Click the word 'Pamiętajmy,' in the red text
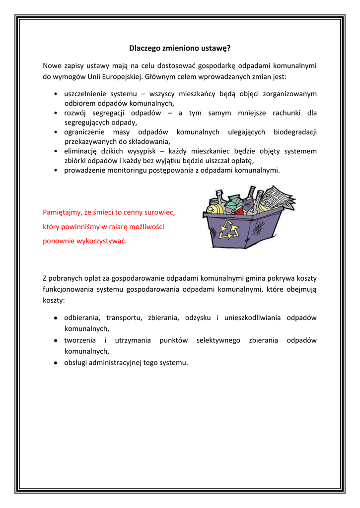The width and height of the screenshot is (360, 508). tap(61, 212)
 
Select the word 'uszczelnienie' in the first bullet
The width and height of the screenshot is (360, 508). tap(85, 94)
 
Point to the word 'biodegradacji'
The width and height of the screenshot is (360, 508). tap(295, 132)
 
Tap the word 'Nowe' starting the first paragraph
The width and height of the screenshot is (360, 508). tap(52, 65)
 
